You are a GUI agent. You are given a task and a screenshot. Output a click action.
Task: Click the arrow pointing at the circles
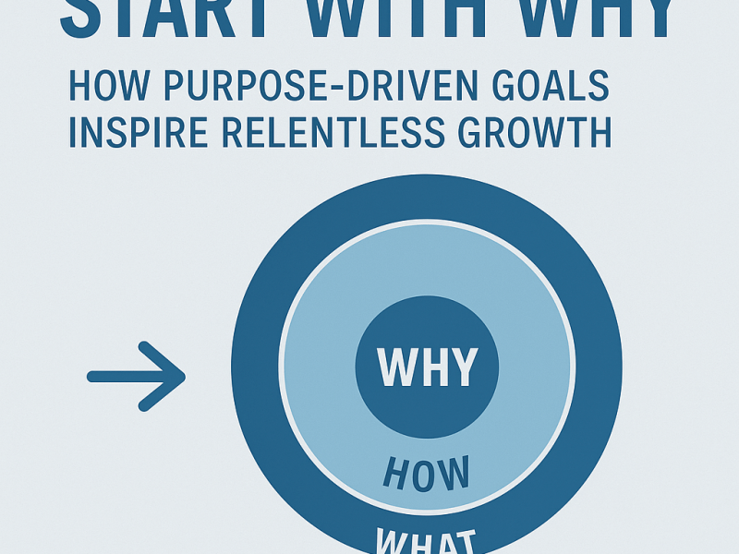pos(136,376)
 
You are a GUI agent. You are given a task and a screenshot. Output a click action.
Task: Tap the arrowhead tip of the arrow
pos(184,376)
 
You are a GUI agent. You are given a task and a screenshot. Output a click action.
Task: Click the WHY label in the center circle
pos(427,367)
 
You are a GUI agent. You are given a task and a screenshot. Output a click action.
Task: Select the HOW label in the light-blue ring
pos(426,476)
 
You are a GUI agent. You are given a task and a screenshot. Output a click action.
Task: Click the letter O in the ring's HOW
pos(426,476)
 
